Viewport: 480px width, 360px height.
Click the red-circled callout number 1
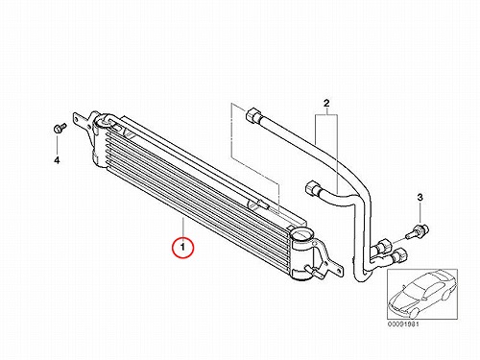(x=182, y=248)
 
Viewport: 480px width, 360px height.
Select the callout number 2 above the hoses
(x=326, y=104)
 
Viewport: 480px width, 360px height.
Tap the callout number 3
(x=420, y=198)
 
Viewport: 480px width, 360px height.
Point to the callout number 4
(x=57, y=160)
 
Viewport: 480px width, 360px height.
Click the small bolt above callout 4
(x=60, y=128)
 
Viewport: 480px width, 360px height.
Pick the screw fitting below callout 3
(x=418, y=232)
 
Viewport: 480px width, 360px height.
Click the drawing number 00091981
(x=403, y=324)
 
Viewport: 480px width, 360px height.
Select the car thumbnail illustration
(x=422, y=294)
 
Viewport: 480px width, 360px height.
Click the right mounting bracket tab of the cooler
(x=329, y=261)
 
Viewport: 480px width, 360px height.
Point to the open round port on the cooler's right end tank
(x=300, y=236)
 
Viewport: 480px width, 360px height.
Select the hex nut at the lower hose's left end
(x=313, y=188)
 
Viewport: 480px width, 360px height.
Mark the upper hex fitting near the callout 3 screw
(x=384, y=247)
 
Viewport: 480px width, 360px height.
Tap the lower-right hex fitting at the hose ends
(x=398, y=255)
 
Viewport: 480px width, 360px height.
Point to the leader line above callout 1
(x=182, y=228)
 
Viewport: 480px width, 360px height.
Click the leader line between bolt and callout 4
(x=57, y=144)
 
